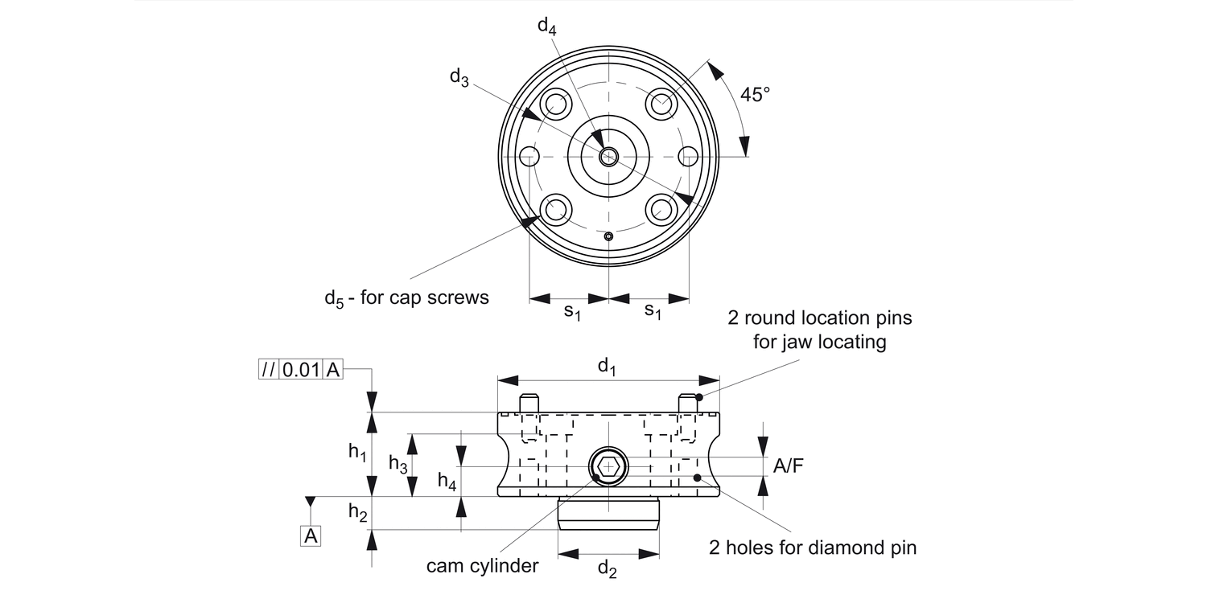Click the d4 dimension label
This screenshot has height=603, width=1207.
[546, 26]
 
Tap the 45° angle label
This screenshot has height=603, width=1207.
[755, 94]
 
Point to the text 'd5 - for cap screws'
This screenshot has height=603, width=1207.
[406, 297]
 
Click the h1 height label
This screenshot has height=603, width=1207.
[357, 453]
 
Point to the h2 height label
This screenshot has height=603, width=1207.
[357, 513]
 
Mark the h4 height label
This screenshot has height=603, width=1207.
[447, 482]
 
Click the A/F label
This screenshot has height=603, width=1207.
[788, 466]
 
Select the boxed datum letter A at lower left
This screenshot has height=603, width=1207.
[310, 536]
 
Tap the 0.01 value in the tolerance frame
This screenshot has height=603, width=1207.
[300, 370]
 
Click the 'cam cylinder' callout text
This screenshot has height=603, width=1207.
[482, 565]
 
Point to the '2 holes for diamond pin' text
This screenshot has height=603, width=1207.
[813, 548]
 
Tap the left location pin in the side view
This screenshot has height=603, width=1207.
[528, 404]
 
